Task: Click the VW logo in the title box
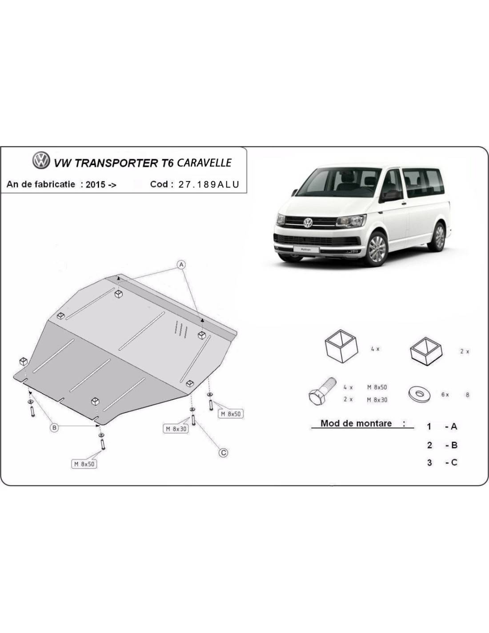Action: [41, 160]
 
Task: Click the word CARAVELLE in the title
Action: [204, 162]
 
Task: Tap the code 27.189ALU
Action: [209, 184]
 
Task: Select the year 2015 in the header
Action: [96, 185]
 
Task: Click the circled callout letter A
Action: [181, 264]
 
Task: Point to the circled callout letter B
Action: [54, 428]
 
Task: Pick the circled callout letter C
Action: [224, 453]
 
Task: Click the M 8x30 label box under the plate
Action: [176, 429]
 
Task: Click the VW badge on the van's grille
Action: [308, 223]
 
